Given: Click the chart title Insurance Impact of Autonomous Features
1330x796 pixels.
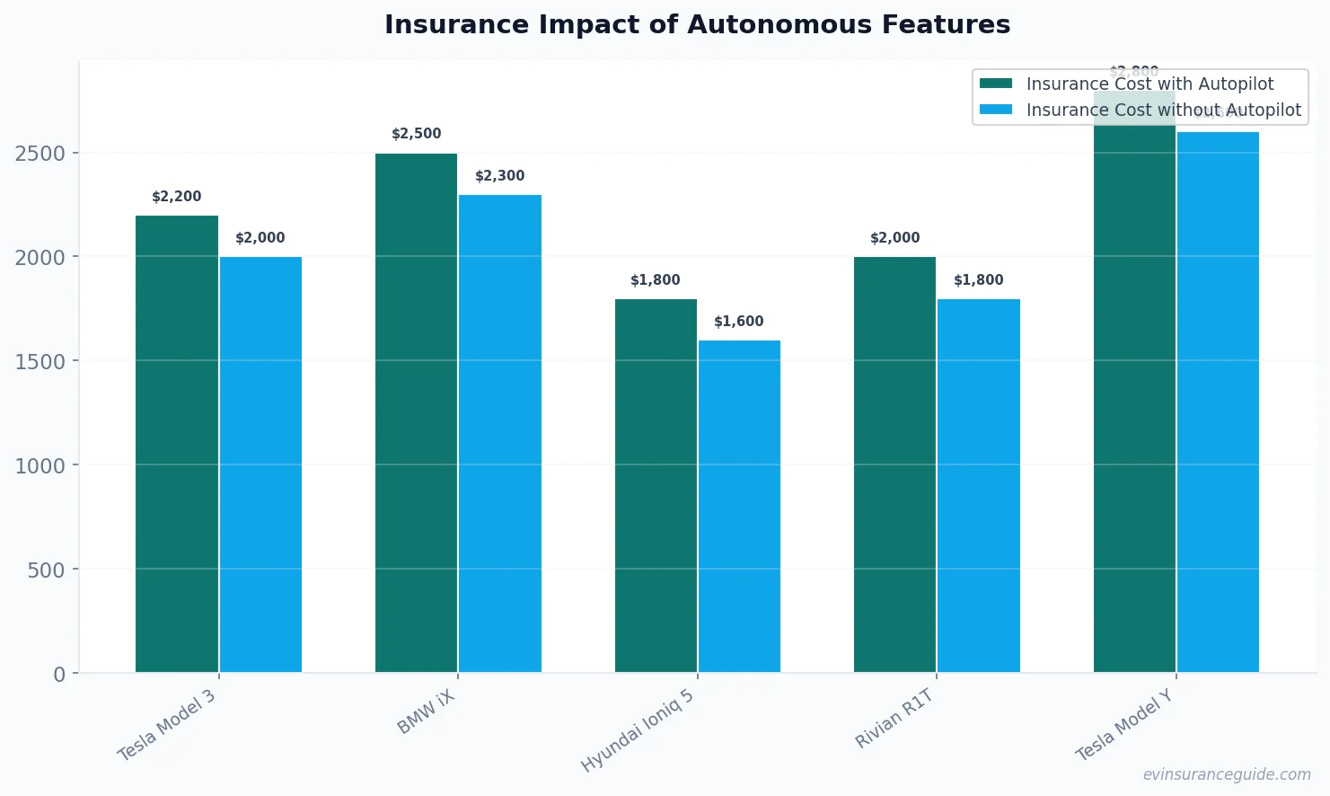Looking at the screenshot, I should click(x=697, y=25).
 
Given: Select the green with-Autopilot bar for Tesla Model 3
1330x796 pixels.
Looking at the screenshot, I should click(x=177, y=444).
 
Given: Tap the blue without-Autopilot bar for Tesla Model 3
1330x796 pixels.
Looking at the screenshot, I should click(x=260, y=464).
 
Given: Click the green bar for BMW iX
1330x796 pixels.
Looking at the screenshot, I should click(x=416, y=412).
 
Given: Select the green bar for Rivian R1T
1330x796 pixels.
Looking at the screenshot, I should click(x=894, y=464).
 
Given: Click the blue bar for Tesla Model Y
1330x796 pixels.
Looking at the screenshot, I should click(x=1218, y=402).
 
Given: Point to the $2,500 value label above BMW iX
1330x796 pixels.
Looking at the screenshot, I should click(x=416, y=134).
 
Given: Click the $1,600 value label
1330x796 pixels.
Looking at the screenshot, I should click(x=738, y=322).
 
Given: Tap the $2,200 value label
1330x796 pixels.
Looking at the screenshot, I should click(x=176, y=197).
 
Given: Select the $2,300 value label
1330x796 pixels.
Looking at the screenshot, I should click(x=499, y=176).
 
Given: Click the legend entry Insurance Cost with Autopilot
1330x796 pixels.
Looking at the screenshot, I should click(x=1149, y=84).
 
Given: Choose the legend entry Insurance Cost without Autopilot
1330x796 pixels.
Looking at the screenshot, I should click(x=1163, y=110).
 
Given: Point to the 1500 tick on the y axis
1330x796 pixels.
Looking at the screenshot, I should click(x=40, y=361).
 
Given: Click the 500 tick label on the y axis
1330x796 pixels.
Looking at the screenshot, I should click(x=46, y=570).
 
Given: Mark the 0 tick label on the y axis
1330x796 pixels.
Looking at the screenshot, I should click(x=59, y=674).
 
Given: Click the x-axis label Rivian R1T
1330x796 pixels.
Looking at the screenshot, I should click(x=894, y=719).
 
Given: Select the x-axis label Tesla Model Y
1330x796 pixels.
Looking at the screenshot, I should click(x=1124, y=726).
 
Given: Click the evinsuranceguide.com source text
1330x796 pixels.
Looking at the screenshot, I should click(x=1226, y=774).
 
